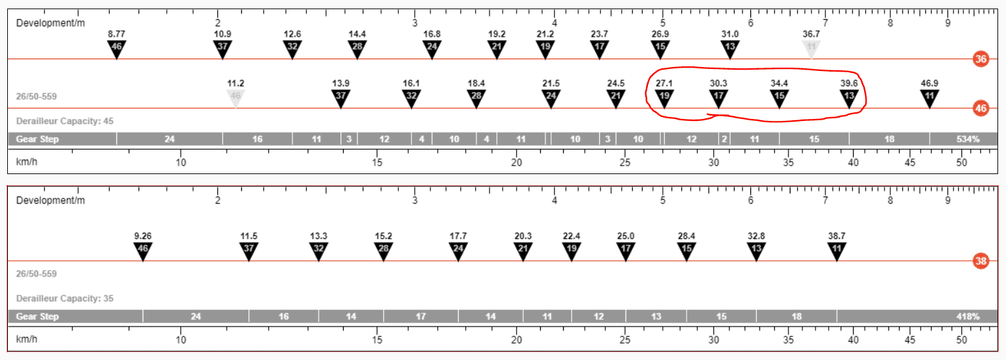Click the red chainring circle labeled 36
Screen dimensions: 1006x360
coord(981,59)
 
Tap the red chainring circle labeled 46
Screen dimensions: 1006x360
coord(981,108)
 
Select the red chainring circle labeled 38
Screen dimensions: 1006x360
coord(981,261)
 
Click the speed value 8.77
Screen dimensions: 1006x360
coord(116,34)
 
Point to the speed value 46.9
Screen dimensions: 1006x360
coord(929,83)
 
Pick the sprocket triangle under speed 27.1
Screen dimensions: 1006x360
coord(664,99)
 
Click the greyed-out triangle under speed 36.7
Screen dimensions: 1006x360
coord(811,49)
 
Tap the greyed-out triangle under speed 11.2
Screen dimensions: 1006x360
coord(235,99)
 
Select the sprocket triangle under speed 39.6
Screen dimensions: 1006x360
coord(849,99)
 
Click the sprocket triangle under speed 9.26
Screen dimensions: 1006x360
coord(143,252)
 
